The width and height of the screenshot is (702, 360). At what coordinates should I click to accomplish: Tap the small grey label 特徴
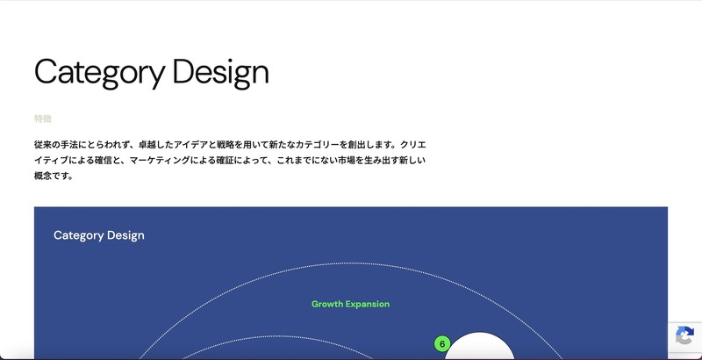(x=42, y=119)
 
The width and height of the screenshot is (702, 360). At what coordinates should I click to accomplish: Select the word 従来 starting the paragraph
(x=44, y=143)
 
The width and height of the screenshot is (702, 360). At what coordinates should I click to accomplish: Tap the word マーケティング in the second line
(x=154, y=160)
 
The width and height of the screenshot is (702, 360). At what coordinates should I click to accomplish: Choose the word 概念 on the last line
(x=44, y=176)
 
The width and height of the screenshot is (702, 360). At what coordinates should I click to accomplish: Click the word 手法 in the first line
(x=69, y=143)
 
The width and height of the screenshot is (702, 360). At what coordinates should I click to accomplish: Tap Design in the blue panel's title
(x=125, y=235)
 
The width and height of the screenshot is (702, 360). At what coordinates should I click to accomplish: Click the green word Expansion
(x=369, y=304)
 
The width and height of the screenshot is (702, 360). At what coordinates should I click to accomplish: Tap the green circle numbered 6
(x=441, y=343)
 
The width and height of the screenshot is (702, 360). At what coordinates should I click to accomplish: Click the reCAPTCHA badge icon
(x=685, y=337)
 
